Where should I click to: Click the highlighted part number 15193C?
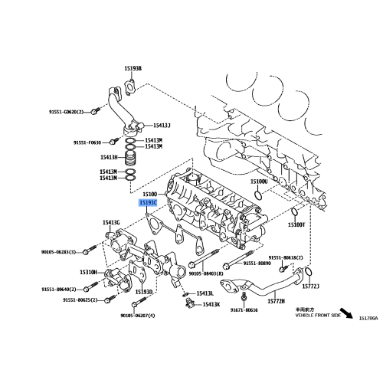click(x=147, y=204)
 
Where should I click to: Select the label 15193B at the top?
click(x=134, y=68)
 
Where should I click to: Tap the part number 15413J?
click(x=161, y=125)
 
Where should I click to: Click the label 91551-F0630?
click(x=88, y=142)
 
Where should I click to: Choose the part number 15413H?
click(x=108, y=158)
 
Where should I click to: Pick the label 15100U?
click(x=259, y=182)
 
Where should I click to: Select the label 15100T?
click(x=296, y=225)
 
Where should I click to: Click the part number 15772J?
click(x=309, y=286)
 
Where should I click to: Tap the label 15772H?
click(x=277, y=302)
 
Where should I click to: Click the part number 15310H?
click(x=89, y=273)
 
